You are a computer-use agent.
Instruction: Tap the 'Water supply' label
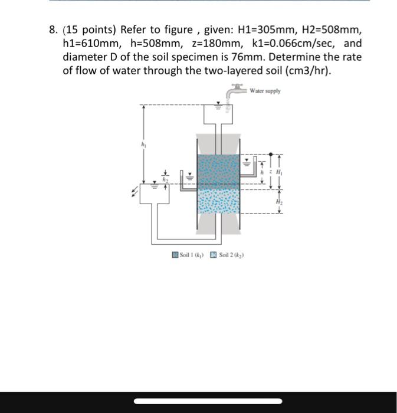(265, 91)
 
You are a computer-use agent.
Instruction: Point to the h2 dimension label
(166, 180)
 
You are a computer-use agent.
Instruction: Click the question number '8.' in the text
(54, 30)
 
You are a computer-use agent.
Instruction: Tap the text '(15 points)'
(89, 30)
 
